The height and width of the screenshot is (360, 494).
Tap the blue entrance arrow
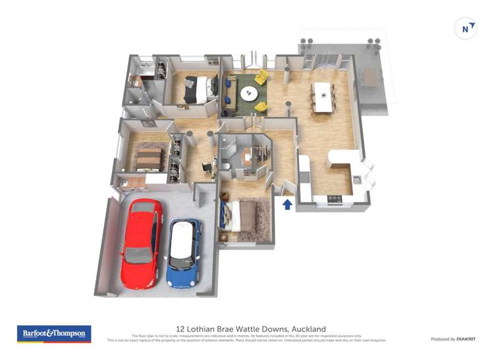pos(287,205)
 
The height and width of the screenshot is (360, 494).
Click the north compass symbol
pos(466,28)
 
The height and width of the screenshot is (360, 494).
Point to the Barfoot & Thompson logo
pos(53,334)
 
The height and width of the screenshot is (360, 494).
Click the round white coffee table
pos(248,93)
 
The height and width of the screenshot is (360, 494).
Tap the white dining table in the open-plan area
pos(324,97)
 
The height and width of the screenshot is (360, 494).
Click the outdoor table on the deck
pos(372,78)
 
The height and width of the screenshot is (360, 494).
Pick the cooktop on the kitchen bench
pos(335,197)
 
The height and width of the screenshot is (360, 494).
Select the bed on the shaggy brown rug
pos(242,219)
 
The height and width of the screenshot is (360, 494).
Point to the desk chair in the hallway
pos(207,168)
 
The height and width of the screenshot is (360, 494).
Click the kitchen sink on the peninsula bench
pos(357,179)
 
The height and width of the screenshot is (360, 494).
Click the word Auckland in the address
pos(307,329)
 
